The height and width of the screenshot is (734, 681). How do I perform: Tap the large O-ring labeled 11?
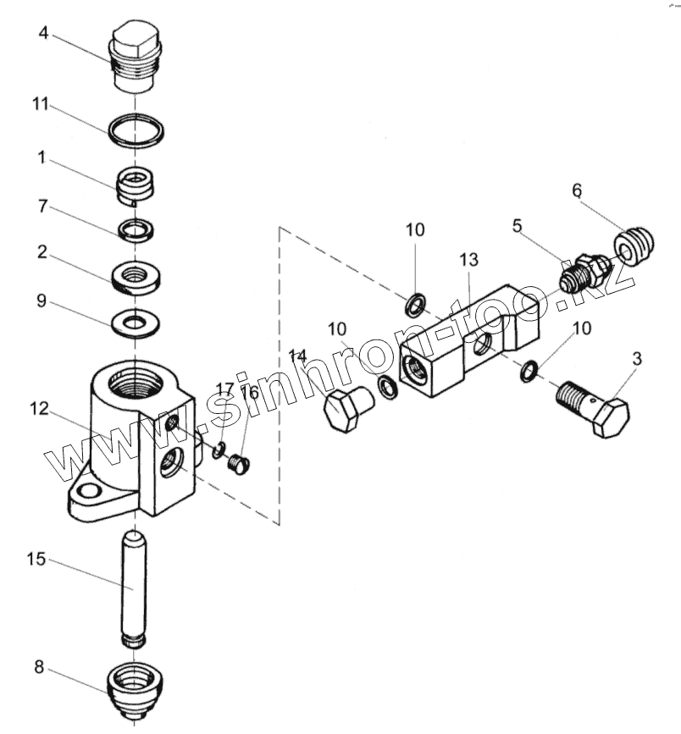[x=136, y=130]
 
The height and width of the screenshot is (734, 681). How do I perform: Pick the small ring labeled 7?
[x=136, y=229]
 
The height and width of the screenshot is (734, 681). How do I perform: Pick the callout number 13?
[x=468, y=258]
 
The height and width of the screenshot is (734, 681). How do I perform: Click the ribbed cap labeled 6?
[x=635, y=246]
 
